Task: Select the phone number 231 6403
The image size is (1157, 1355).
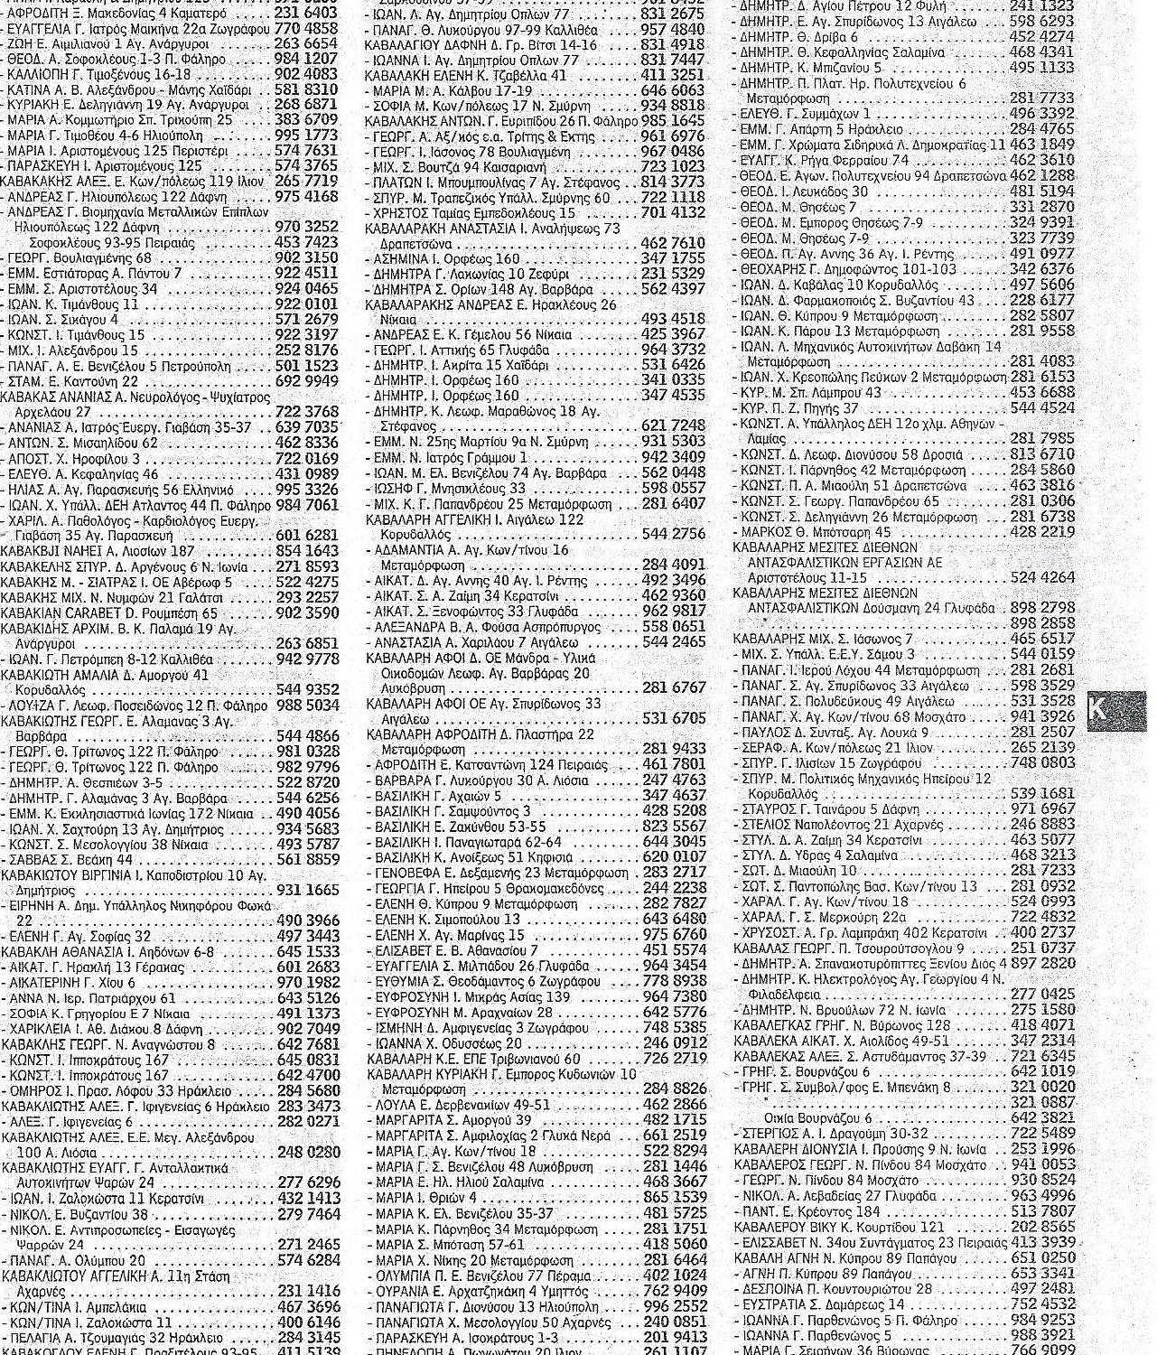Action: click(306, 14)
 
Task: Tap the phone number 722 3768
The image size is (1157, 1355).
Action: click(306, 412)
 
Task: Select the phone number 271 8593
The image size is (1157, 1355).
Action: click(307, 566)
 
